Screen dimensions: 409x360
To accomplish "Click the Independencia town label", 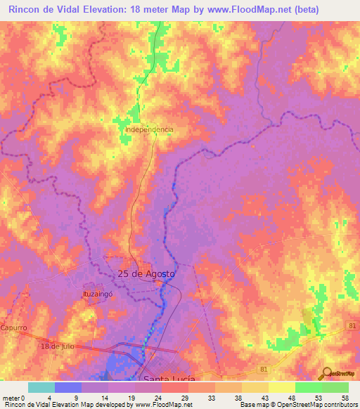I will (148, 130).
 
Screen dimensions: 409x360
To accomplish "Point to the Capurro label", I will (13, 328).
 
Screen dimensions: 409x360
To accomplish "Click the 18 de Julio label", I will (57, 346).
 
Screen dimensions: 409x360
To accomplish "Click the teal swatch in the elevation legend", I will (41, 387).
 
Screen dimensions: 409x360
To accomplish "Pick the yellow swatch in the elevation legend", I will (281, 387).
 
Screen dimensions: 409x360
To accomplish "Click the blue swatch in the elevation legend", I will (68, 387).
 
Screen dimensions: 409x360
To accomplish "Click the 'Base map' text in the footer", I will (254, 405).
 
